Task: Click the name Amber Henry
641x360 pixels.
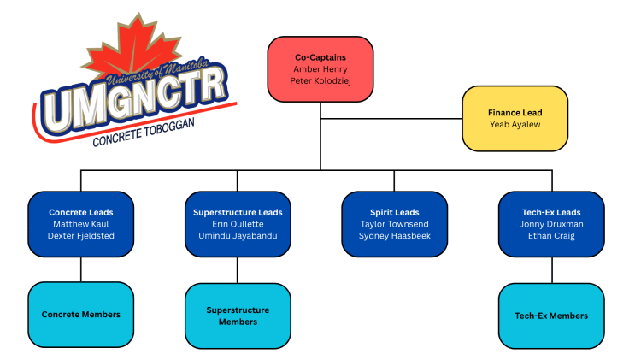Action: (320, 68)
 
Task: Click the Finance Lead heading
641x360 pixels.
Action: (515, 112)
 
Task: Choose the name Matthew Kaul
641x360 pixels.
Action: (81, 224)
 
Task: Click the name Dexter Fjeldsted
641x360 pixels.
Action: (81, 236)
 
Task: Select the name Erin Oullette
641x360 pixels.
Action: (238, 224)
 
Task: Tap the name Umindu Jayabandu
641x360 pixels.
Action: (238, 236)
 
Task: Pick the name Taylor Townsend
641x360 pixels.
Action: (395, 224)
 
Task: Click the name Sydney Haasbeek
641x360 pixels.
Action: (395, 236)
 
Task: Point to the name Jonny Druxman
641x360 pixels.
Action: (551, 224)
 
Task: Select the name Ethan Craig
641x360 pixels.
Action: (551, 236)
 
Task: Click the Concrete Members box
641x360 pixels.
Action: (81, 315)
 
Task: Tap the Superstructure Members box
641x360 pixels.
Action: (238, 316)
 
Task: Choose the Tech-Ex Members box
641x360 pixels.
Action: (551, 316)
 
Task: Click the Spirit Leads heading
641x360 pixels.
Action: (395, 212)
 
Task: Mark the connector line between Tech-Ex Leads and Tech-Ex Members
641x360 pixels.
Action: (551, 269)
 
